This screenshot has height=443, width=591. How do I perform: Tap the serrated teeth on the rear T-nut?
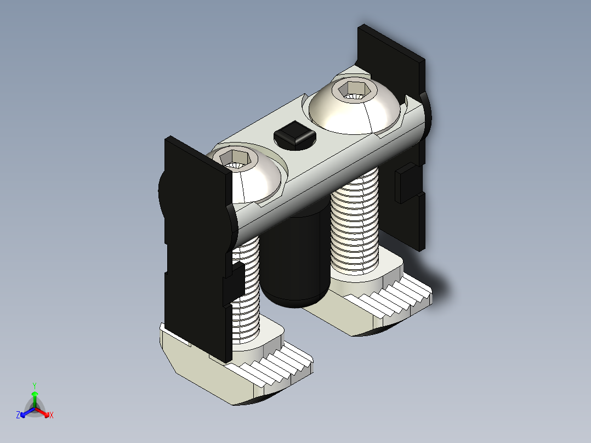click(397, 299)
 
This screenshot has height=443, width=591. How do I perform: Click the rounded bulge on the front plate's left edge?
click(162, 189)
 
